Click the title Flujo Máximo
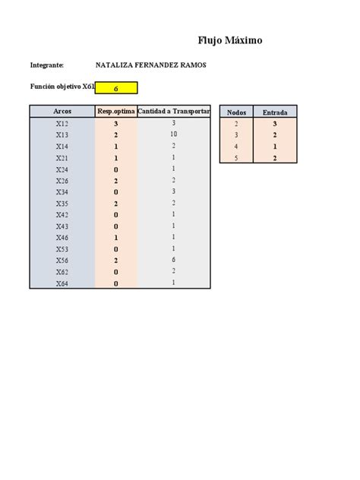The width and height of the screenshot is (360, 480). pyautogui.click(x=230, y=40)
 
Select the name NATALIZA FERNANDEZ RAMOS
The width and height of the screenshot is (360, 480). pyautogui.click(x=151, y=65)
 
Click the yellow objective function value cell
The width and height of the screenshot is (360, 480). pyautogui.click(x=116, y=88)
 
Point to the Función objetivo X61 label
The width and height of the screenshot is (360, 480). pyautogui.click(x=62, y=88)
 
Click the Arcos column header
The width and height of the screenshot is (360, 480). pyautogui.click(x=62, y=112)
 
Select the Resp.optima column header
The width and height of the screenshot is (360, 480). pyautogui.click(x=116, y=112)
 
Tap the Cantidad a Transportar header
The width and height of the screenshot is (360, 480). pyautogui.click(x=174, y=112)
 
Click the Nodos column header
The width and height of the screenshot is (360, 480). pyautogui.click(x=236, y=112)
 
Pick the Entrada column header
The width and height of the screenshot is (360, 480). pyautogui.click(x=275, y=112)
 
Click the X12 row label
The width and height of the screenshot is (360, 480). pyautogui.click(x=62, y=123)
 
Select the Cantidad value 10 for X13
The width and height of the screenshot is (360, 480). pyautogui.click(x=174, y=134)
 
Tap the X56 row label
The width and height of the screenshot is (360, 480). pyautogui.click(x=62, y=261)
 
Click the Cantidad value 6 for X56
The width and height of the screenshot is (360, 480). pyautogui.click(x=174, y=260)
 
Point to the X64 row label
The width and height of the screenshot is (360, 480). pyautogui.click(x=62, y=283)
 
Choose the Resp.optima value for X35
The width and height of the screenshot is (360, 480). pyautogui.click(x=116, y=204)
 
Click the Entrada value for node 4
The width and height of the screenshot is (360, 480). pyautogui.click(x=275, y=147)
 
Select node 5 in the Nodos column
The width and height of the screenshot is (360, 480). pyautogui.click(x=236, y=158)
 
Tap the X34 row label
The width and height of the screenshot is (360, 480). pyautogui.click(x=62, y=192)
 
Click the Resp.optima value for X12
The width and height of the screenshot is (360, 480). pyautogui.click(x=116, y=123)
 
